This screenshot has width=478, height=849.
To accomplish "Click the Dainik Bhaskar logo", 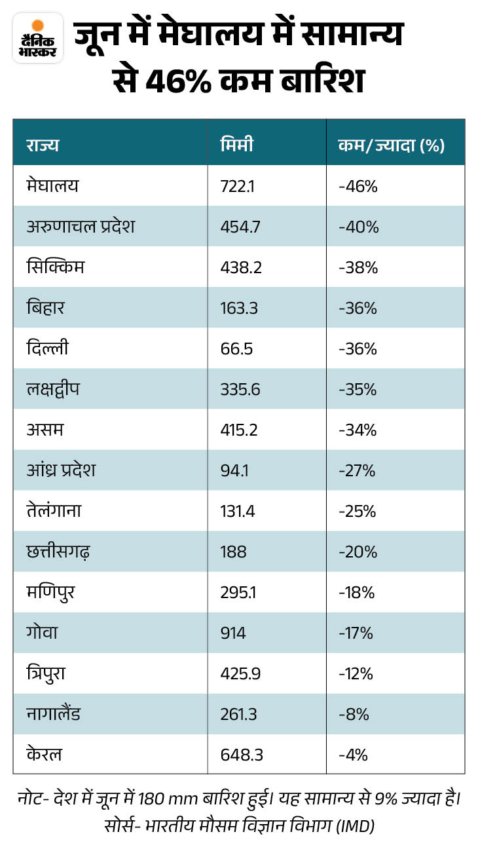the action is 38,38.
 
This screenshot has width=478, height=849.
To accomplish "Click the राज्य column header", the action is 43,145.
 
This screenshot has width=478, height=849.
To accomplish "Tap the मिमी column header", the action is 237,145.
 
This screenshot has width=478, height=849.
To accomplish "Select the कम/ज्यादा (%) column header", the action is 392,145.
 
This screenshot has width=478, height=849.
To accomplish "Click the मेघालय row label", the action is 52,186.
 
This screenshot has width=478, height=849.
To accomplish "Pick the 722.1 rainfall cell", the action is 238,186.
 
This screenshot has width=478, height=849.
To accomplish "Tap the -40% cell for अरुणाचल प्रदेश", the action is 359,227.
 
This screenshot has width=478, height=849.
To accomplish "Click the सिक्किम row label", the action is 55,266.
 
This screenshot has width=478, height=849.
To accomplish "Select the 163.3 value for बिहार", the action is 239,308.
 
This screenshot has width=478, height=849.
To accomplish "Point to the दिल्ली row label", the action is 47,347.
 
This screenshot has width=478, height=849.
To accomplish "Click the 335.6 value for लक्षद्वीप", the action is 240,389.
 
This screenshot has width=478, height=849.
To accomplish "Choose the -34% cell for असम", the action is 358,430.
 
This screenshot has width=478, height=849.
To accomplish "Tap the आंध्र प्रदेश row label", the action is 61,470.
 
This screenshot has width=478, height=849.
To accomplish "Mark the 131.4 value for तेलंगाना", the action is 238,511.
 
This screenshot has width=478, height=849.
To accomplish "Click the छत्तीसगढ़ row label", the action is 58,552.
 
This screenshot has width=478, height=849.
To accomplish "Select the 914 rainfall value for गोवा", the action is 233,633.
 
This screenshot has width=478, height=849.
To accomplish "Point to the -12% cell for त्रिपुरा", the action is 356,673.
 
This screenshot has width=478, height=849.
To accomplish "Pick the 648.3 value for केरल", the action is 242,755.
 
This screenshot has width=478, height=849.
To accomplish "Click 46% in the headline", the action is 178,81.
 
